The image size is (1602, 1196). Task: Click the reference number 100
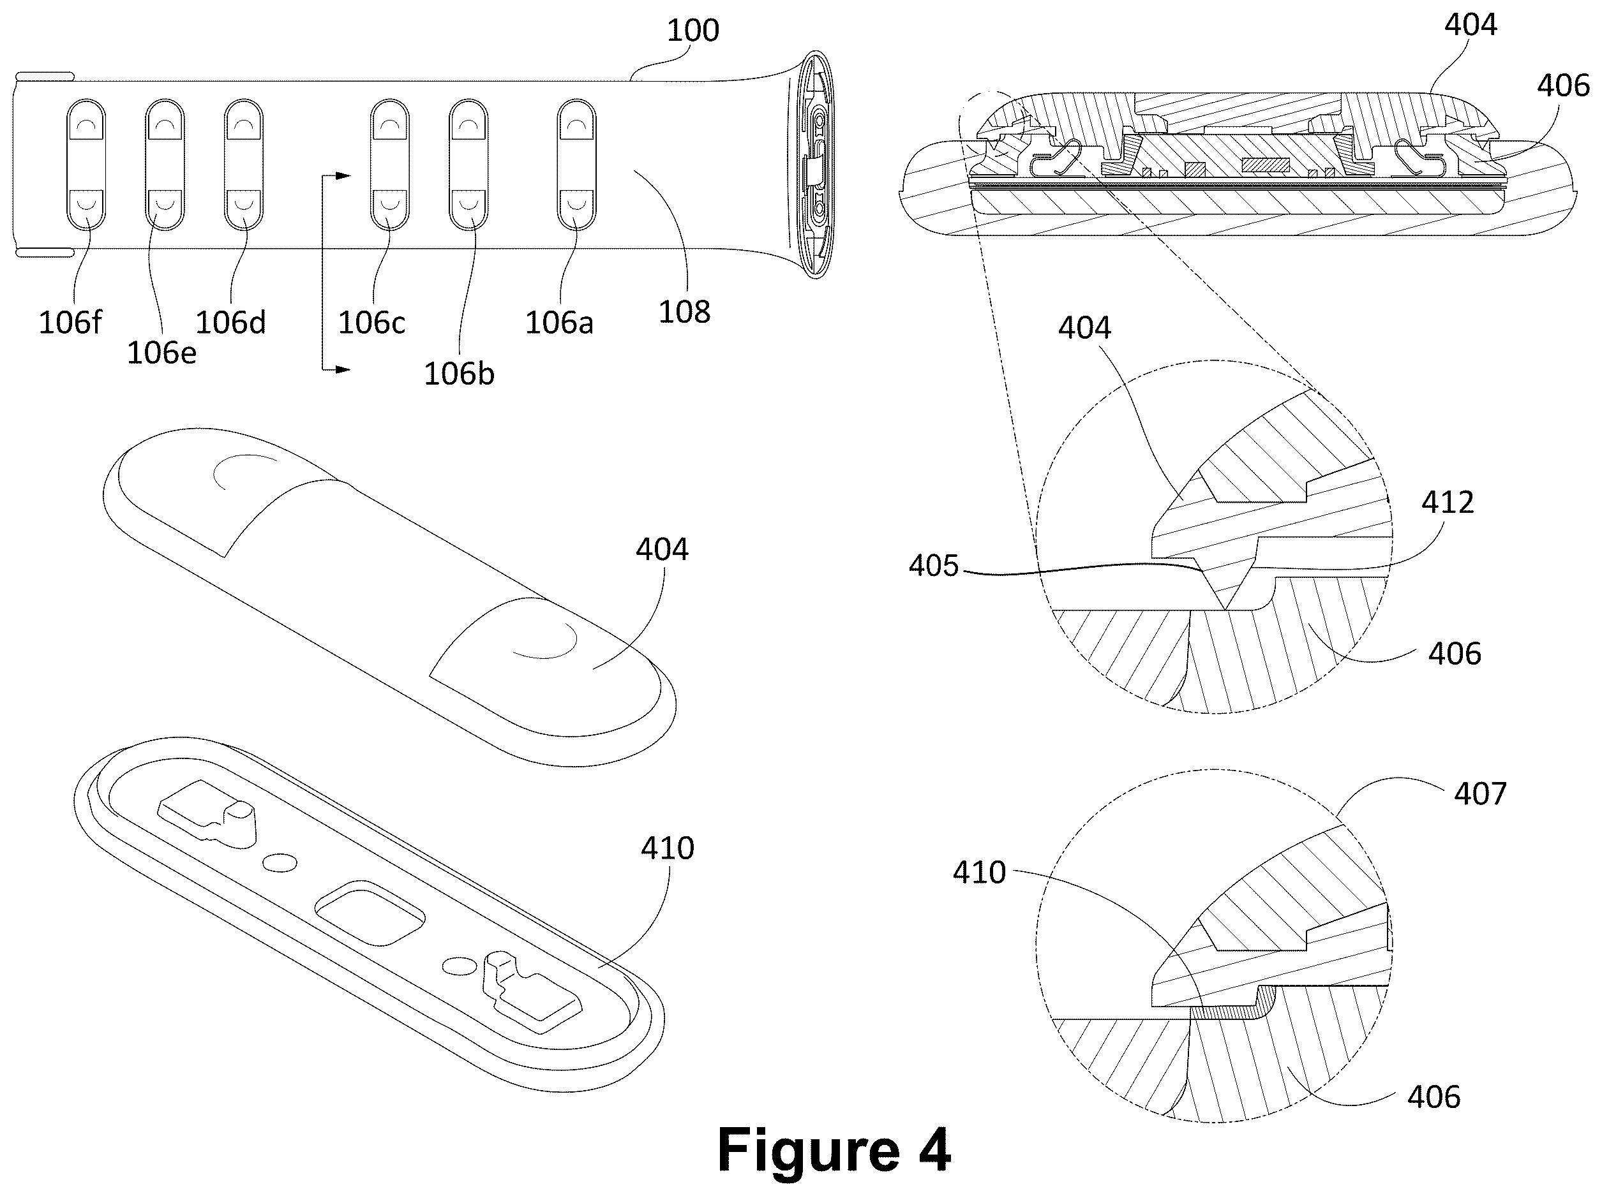[x=692, y=31]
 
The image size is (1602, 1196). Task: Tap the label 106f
[x=70, y=322]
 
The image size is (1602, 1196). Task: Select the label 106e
[x=161, y=353]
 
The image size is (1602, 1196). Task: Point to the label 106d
[x=231, y=322]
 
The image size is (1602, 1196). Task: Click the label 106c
[x=371, y=322]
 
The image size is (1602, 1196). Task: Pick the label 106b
[x=459, y=374]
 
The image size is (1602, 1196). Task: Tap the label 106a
[x=559, y=323]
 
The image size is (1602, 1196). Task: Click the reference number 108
[x=684, y=312]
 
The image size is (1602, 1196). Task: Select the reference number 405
[x=934, y=565]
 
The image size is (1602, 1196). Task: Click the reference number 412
[x=1447, y=502]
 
